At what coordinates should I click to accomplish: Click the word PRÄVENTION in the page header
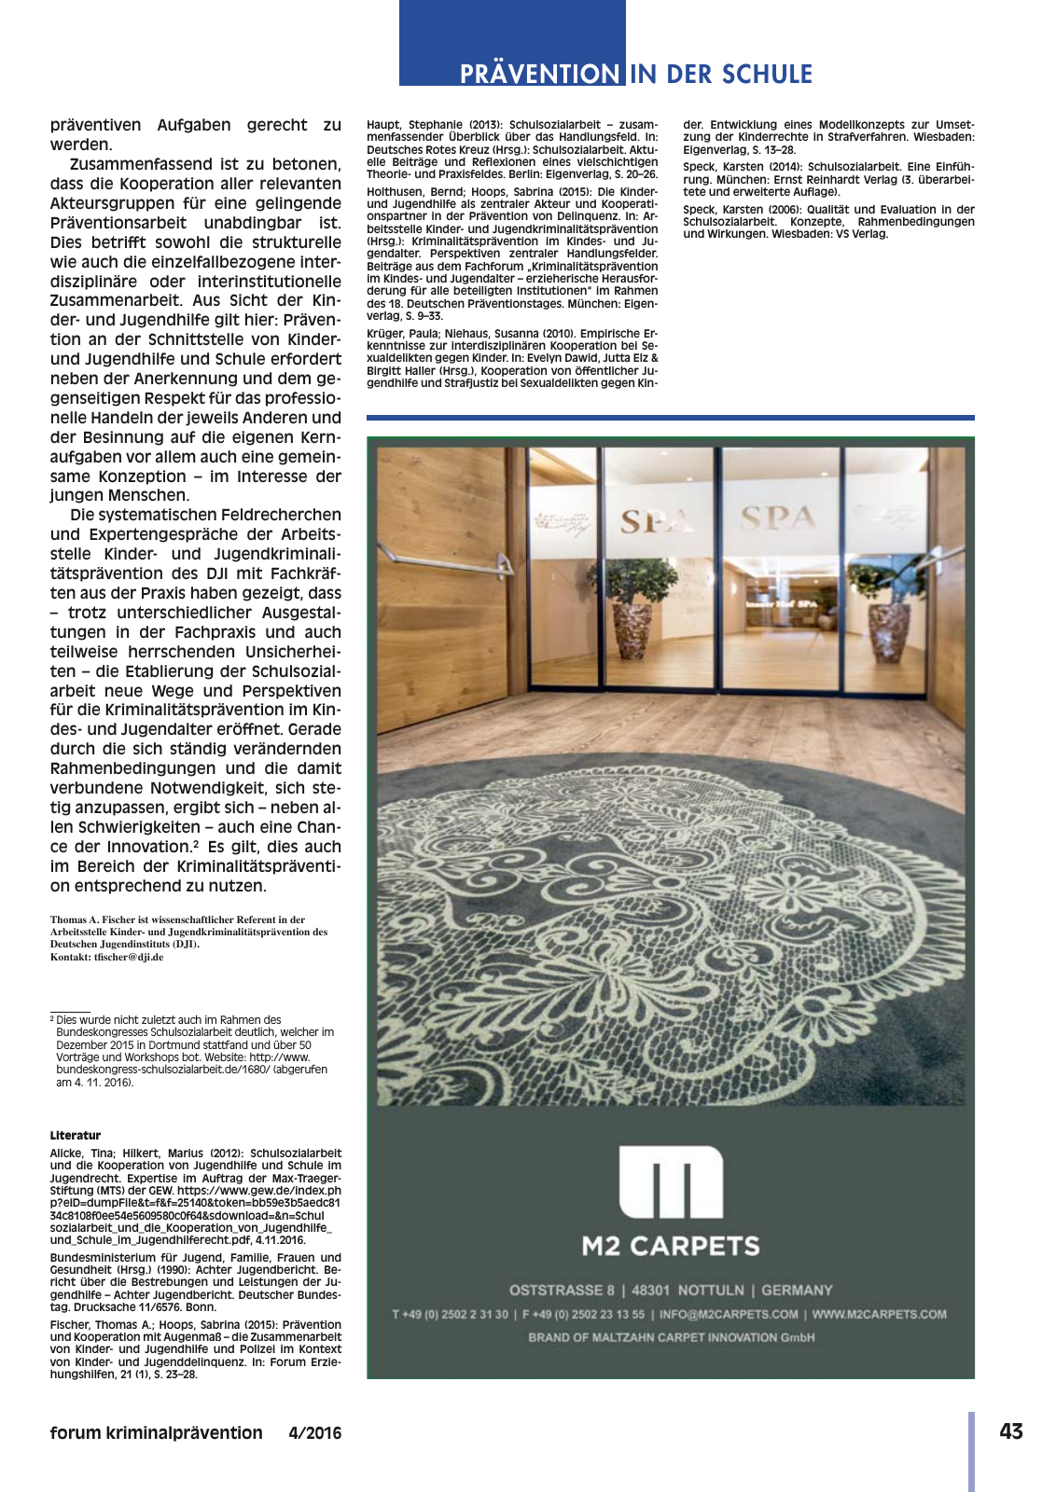click(x=540, y=74)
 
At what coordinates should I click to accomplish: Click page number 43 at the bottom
click(x=1010, y=1431)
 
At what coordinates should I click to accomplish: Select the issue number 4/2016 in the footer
click(x=315, y=1433)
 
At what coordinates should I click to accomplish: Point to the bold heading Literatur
click(x=76, y=1135)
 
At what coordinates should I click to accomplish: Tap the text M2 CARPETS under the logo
click(x=671, y=1246)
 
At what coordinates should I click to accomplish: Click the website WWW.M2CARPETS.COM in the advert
click(x=879, y=1314)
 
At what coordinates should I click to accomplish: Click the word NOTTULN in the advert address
click(x=711, y=1290)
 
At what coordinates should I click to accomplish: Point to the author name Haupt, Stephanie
click(x=410, y=124)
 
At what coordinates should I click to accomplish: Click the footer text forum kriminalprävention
click(x=157, y=1433)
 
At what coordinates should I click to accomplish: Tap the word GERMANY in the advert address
click(x=797, y=1290)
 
